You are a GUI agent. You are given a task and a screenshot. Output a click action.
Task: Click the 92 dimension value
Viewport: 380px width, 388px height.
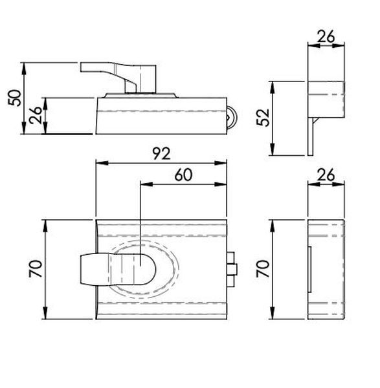[x=161, y=153]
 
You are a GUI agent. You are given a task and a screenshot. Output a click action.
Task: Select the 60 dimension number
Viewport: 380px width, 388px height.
[x=183, y=175]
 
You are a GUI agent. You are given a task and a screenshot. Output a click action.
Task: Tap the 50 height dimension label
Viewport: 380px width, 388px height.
[x=14, y=98]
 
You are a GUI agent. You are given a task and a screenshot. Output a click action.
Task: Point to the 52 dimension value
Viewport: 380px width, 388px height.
[x=263, y=118]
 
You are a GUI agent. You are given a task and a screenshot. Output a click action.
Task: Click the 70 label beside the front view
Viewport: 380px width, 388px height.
[x=36, y=268]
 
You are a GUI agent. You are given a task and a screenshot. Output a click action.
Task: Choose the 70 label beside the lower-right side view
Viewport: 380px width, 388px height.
[x=263, y=268]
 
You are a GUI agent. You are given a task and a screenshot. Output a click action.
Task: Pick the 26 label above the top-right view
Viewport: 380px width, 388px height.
[x=326, y=37]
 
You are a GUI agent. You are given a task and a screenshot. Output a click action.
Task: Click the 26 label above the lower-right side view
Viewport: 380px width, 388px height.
[x=326, y=175]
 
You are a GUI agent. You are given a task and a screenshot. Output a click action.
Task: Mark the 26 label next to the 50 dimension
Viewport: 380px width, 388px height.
[x=36, y=115]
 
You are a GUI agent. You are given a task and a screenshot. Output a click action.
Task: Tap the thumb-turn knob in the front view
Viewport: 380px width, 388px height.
[x=118, y=269]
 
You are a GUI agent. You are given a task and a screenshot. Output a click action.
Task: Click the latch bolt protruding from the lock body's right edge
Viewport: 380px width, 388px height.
[x=232, y=269]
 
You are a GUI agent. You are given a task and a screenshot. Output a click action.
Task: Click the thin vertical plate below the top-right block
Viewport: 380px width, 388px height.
[x=310, y=136]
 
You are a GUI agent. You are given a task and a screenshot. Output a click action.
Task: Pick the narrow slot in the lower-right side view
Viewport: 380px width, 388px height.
[x=309, y=269]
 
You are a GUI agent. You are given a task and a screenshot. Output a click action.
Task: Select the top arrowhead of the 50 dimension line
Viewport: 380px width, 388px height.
[x=24, y=69]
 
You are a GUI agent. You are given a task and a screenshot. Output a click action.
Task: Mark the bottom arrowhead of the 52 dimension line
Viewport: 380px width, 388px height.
[x=273, y=149]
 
